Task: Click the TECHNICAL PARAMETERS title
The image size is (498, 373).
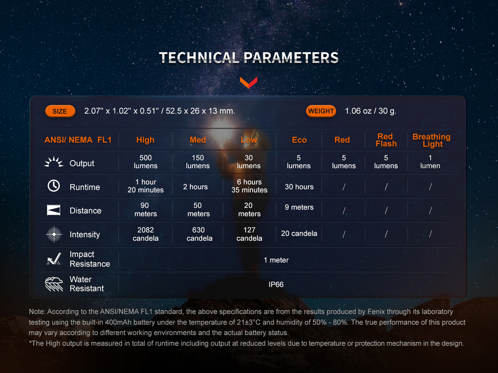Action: (249, 57)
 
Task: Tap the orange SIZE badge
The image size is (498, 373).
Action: (60, 111)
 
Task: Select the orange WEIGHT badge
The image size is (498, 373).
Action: (321, 111)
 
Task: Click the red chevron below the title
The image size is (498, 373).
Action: (249, 82)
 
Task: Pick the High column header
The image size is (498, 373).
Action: (145, 140)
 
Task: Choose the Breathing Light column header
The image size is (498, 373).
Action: (431, 140)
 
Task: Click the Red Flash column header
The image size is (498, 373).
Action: (385, 140)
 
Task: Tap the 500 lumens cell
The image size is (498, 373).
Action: (145, 162)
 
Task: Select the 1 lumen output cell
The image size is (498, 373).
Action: (430, 162)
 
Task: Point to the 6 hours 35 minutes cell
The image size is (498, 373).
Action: (249, 186)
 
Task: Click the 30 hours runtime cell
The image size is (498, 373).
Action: (299, 186)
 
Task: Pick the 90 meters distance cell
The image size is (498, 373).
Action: (145, 209)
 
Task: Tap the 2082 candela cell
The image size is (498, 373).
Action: (145, 234)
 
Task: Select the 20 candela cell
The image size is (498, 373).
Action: (299, 233)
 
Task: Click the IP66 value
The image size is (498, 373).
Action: (276, 284)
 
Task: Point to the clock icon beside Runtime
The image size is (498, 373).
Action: (54, 186)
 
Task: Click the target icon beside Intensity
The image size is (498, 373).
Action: (54, 234)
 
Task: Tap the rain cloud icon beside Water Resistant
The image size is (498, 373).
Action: (54, 284)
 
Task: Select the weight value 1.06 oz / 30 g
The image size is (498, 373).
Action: (371, 111)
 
